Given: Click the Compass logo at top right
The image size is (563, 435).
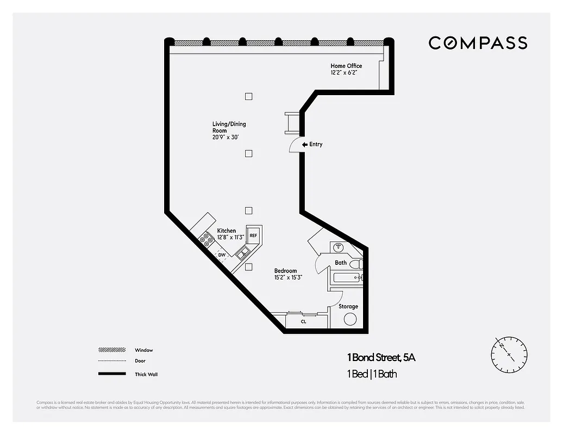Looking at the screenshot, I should (478, 43).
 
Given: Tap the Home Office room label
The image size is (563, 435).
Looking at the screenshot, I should (346, 69).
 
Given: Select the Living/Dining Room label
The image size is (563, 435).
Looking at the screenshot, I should (229, 130).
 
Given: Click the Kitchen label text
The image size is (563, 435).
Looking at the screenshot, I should (227, 231).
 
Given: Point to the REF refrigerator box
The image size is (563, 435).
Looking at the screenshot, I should (253, 235).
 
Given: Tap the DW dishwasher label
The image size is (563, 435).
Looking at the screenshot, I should (222, 254).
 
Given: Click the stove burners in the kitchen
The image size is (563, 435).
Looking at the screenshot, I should (207, 239).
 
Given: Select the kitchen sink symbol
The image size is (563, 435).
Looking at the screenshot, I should (242, 251).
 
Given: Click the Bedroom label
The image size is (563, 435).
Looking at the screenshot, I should (285, 271).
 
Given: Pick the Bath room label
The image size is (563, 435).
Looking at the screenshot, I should (341, 263).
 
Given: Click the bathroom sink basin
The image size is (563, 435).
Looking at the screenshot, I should (337, 247).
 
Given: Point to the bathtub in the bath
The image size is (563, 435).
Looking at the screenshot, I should (346, 278).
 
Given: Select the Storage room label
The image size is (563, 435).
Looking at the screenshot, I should (348, 307).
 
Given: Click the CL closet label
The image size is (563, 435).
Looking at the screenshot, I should (303, 321).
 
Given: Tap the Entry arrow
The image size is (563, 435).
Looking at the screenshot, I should (305, 144).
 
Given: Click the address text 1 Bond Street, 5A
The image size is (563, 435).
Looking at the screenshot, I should (381, 358).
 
